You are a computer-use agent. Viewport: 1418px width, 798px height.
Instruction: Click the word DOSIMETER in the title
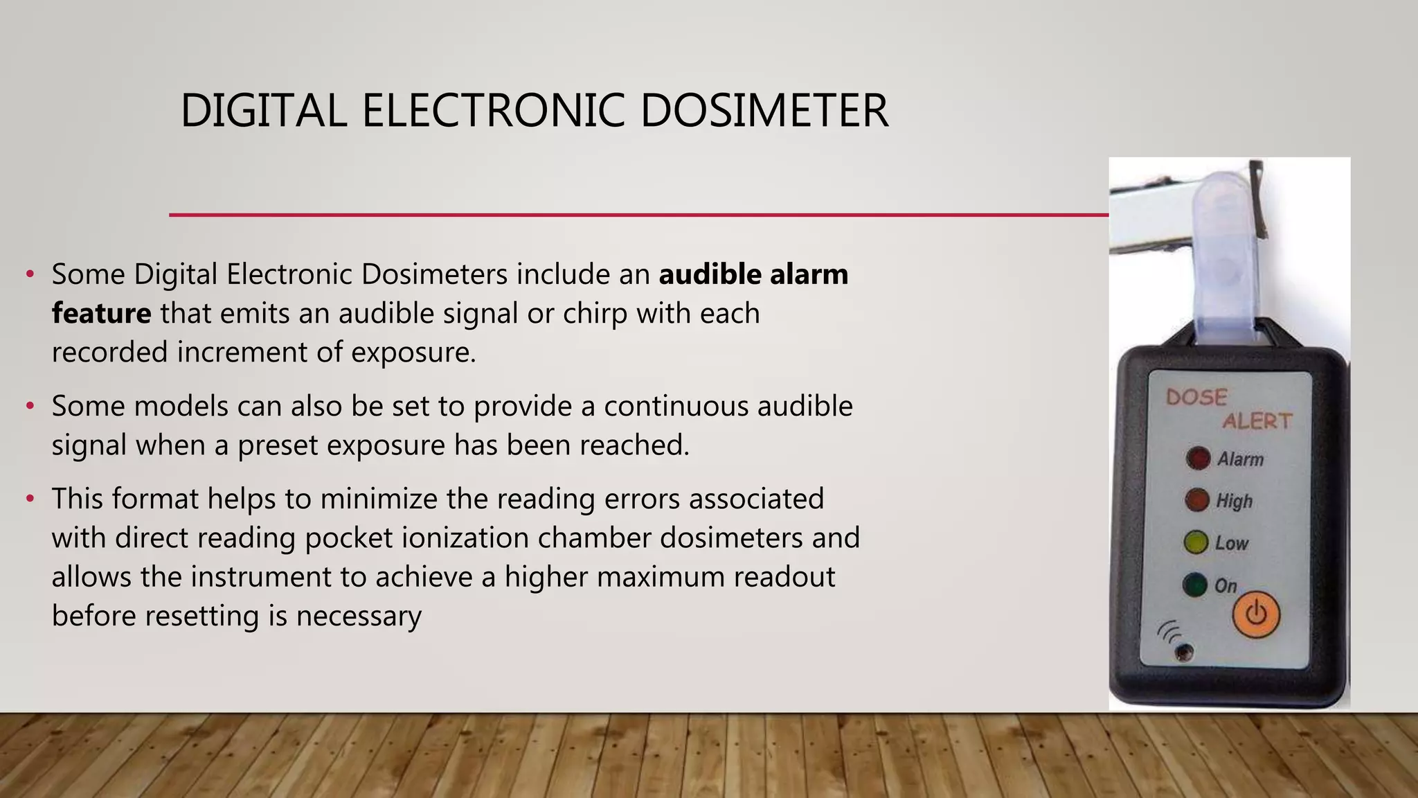click(764, 111)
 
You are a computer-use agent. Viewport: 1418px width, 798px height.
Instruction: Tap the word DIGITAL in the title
click(263, 111)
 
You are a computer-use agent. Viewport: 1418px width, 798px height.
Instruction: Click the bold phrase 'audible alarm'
click(753, 274)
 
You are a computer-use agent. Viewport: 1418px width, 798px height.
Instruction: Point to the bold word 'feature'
click(101, 313)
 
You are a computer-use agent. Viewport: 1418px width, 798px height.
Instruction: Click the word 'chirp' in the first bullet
click(595, 314)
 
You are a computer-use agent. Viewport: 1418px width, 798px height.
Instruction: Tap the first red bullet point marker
click(30, 275)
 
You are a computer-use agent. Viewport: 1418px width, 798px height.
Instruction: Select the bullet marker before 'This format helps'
click(30, 499)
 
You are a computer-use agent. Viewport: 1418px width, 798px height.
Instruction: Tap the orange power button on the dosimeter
click(1256, 614)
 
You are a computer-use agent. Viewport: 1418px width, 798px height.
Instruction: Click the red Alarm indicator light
click(1198, 458)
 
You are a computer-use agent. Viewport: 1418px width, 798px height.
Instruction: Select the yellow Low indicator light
click(1196, 542)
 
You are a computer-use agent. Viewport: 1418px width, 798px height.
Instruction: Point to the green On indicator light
click(1194, 585)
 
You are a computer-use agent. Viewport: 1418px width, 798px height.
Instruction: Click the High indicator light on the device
click(1196, 500)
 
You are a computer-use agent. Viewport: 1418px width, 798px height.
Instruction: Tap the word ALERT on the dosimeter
click(1257, 421)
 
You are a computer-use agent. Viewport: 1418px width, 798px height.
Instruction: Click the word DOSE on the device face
click(1196, 397)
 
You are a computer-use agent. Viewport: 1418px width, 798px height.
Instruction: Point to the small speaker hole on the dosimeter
click(1184, 651)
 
